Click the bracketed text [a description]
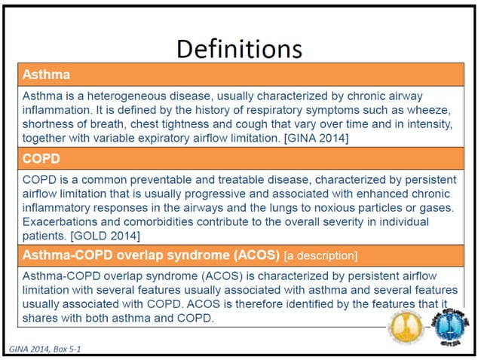click(x=315, y=254)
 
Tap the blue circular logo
click(x=451, y=328)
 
